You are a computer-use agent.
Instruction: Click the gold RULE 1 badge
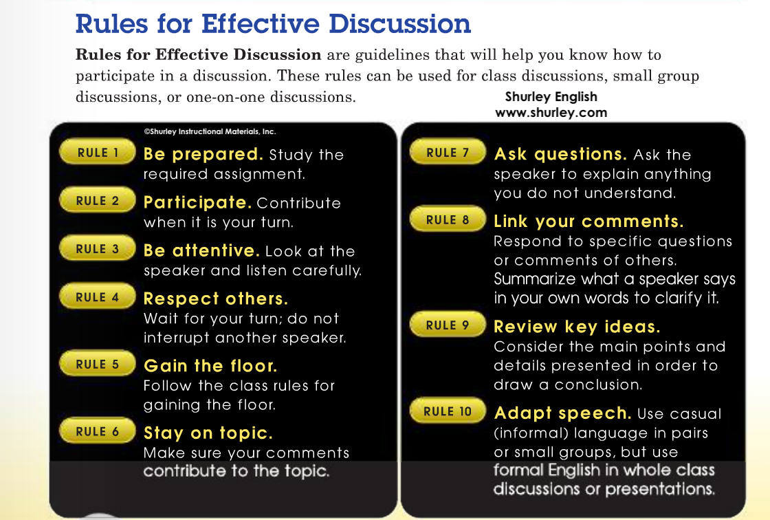point(97,152)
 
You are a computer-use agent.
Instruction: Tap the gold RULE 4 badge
point(97,296)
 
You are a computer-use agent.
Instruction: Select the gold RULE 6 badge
point(97,431)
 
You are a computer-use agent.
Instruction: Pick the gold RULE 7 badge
point(448,152)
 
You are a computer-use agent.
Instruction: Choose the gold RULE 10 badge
point(448,411)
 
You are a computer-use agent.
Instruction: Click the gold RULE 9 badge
point(448,325)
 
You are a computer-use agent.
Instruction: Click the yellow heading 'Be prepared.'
point(203,154)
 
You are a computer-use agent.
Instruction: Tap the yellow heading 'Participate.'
point(197,202)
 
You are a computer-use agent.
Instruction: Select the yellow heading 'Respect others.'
point(216,299)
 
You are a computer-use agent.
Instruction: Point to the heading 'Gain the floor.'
point(210,366)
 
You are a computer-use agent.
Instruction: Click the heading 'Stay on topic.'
point(208,433)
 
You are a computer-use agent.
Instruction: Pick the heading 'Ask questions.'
point(560,154)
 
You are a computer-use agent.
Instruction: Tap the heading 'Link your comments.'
point(588,221)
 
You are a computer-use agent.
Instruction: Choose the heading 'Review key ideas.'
point(577,327)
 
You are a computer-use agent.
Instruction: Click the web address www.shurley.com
point(551,113)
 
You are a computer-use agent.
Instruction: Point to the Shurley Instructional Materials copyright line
point(210,132)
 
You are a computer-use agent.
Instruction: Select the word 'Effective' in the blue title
point(261,23)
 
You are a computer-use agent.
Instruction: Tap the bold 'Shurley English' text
point(551,97)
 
